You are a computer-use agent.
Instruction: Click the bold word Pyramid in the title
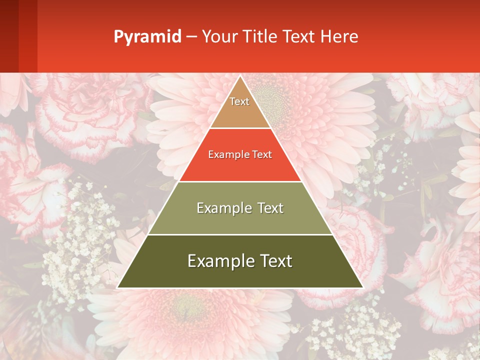coord(147,37)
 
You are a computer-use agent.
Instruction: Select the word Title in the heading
coord(261,36)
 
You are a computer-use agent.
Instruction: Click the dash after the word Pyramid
coord(191,37)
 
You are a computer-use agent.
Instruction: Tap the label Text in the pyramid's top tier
coord(239,101)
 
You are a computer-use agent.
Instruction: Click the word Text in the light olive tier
coord(270,208)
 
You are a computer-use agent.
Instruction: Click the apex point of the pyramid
coord(240,76)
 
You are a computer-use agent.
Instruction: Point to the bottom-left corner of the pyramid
coord(118,287)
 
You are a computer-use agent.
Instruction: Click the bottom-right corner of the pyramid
coord(362,287)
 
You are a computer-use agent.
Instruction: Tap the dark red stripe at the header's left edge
coord(9,36)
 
